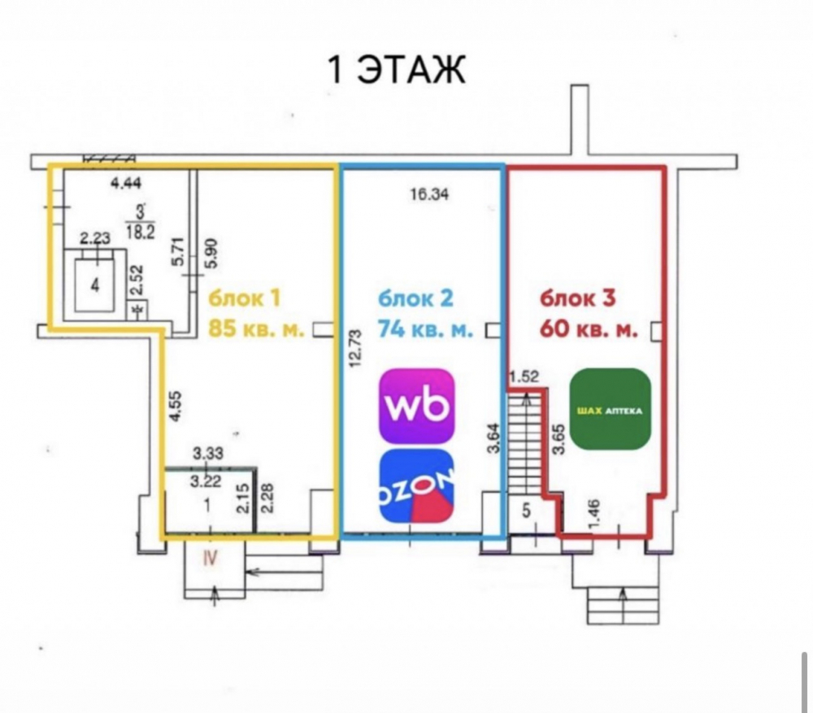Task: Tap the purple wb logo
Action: [417, 406]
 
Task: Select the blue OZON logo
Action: [417, 486]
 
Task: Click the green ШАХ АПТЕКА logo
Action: [610, 409]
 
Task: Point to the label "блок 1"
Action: [244, 298]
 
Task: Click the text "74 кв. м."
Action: [425, 328]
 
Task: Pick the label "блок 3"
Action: [577, 298]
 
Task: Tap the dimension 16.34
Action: [429, 194]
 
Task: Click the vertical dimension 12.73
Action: [356, 348]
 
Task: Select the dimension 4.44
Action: [127, 183]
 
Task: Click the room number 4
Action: [95, 285]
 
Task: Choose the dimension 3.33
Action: [208, 453]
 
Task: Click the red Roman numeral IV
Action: [210, 558]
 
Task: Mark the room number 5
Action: [526, 511]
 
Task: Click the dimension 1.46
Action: [594, 515]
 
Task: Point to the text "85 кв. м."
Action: [256, 328]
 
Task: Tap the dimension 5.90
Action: [212, 253]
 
